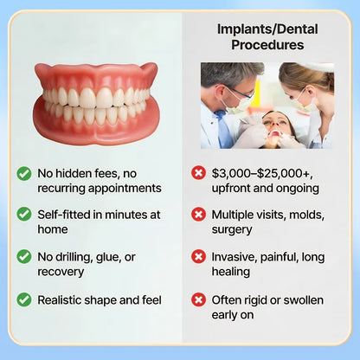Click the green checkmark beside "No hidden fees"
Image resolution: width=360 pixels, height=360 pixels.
pos(24,173)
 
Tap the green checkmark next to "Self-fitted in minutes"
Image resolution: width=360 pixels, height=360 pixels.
pos(24,214)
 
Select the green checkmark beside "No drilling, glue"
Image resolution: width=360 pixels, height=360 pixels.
pos(24,257)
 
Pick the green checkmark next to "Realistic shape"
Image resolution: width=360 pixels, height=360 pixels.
pos(24,299)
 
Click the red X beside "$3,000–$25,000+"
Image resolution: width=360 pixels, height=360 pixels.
pos(198,173)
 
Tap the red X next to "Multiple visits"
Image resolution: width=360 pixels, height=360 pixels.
pos(198,214)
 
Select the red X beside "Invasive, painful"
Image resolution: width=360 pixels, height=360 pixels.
pos(198,257)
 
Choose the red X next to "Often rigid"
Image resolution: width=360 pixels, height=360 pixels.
pos(198,299)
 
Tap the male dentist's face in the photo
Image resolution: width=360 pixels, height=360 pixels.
pos(237,93)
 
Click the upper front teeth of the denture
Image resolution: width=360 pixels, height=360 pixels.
pos(97,97)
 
